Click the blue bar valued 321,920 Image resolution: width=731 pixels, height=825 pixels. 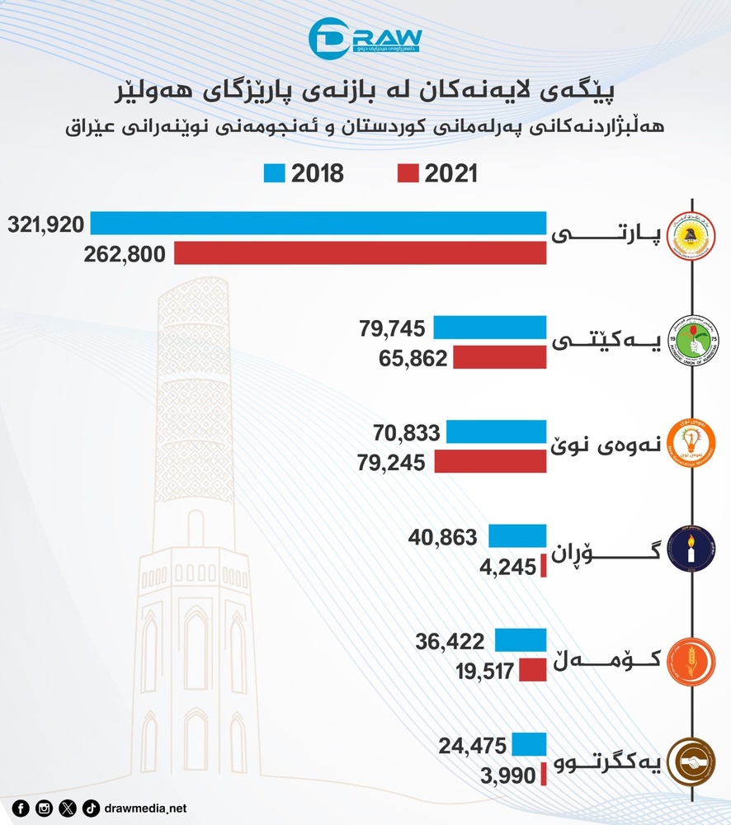coord(318,224)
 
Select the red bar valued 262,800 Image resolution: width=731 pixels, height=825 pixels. coord(360,252)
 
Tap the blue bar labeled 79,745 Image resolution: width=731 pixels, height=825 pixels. coord(489,328)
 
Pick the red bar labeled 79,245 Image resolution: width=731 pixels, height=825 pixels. coord(489,461)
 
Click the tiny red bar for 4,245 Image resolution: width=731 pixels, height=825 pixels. coord(543,566)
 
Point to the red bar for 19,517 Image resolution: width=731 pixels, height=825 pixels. coord(532,670)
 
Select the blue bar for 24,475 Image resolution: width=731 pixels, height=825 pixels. coord(529,745)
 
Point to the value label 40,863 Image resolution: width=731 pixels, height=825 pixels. coord(442,537)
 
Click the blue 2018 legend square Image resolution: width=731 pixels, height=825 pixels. coord(274,173)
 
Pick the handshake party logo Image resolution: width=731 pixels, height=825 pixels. coord(690,760)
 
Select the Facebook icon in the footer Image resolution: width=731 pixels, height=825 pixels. coord(20,808)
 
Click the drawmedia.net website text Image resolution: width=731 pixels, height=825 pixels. coord(147,808)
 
